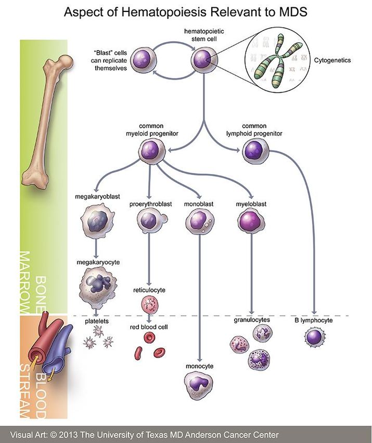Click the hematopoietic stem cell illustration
204,60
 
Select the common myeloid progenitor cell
152,151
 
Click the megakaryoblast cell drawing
98,221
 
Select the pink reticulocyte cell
149,304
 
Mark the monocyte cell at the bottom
199,385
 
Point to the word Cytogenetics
332,60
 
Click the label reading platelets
97,321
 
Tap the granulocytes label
252,320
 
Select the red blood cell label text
149,327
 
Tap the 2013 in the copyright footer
68,435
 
